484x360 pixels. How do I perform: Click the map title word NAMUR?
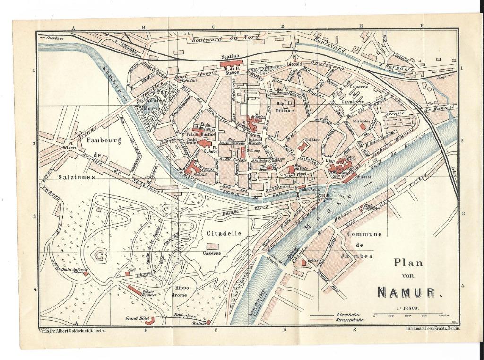406,292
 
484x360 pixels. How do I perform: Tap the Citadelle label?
225,233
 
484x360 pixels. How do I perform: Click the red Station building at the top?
231,63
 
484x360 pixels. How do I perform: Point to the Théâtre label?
311,140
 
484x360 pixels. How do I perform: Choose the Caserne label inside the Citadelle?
212,253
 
